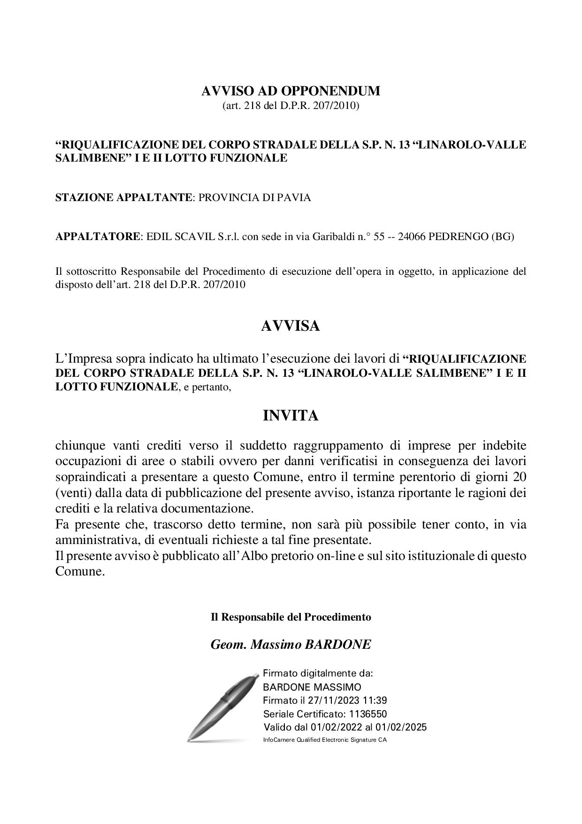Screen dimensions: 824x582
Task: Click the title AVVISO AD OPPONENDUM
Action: coord(291,91)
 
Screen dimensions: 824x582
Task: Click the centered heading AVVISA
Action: coord(291,326)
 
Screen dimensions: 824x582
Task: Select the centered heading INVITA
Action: coord(291,416)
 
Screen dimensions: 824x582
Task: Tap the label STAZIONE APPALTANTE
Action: coord(124,197)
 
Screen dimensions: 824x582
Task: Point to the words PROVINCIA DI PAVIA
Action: coord(254,197)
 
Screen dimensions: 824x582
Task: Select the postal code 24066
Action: coord(412,236)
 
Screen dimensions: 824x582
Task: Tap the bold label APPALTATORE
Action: coord(98,236)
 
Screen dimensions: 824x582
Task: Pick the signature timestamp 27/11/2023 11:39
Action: coord(347,700)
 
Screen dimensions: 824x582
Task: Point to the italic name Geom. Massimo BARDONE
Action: coord(291,644)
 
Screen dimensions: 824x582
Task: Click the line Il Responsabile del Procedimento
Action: coord(291,617)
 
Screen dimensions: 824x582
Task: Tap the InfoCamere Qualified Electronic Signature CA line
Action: coord(325,740)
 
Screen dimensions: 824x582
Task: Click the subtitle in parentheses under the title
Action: coord(291,106)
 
